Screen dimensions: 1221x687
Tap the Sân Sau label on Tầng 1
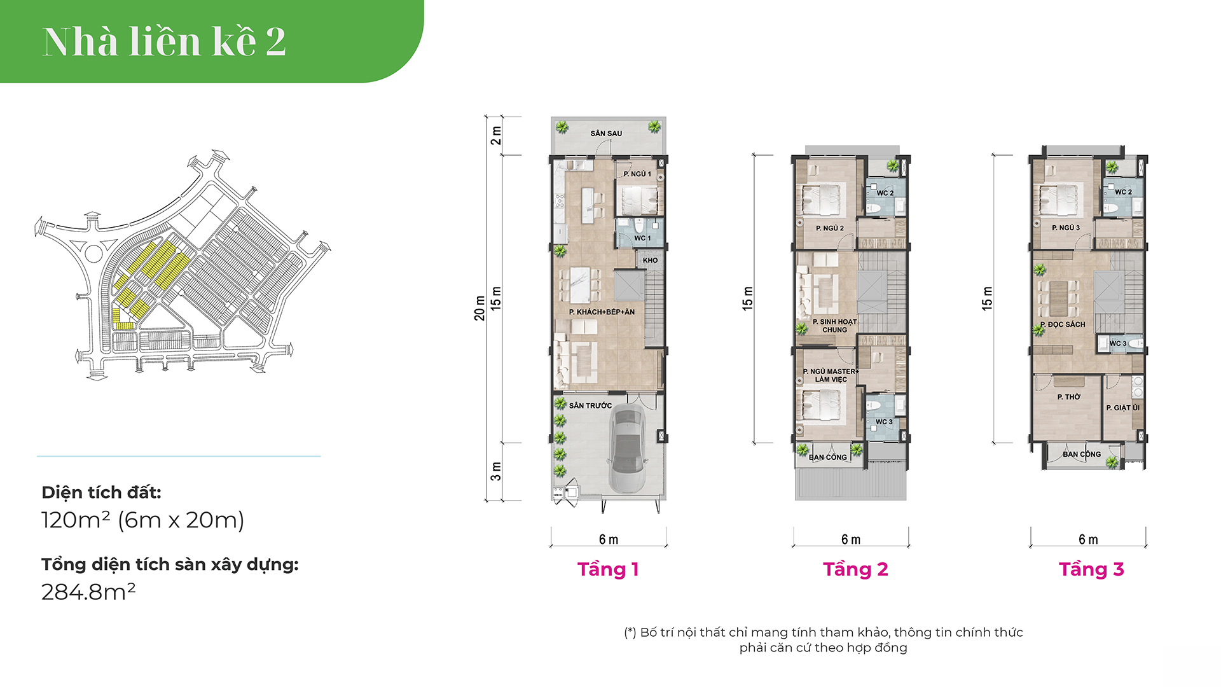tap(606, 134)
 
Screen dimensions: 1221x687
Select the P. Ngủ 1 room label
tap(637, 174)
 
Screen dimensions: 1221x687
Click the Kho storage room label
tap(650, 260)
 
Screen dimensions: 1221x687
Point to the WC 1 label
tap(642, 238)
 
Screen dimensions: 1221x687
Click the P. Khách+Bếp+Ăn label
tap(602, 312)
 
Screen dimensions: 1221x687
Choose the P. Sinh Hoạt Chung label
tap(834, 326)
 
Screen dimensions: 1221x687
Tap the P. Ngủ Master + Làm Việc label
tap(831, 375)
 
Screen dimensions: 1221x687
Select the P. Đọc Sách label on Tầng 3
tap(1063, 324)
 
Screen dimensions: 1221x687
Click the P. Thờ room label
tap(1069, 397)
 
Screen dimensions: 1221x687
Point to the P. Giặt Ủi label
tap(1123, 408)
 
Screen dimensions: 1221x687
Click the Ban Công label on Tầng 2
tap(828, 457)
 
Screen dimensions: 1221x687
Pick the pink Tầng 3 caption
tap(1091, 569)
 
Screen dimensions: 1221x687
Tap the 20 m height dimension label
tap(479, 309)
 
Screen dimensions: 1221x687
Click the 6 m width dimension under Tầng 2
tap(851, 539)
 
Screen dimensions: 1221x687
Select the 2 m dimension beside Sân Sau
tap(496, 135)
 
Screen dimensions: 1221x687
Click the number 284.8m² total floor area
tap(88, 592)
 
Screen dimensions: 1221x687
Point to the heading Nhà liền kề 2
tap(164, 41)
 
